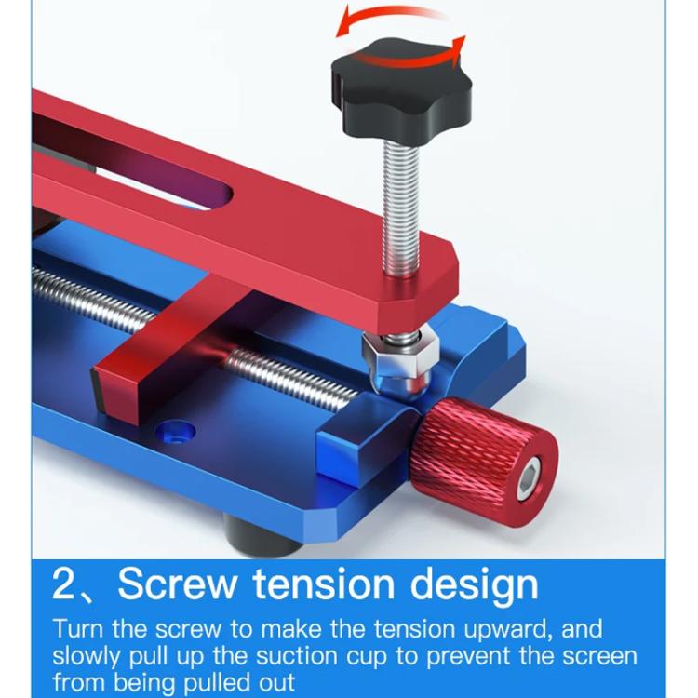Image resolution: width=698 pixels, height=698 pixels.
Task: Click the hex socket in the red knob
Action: click(x=530, y=481)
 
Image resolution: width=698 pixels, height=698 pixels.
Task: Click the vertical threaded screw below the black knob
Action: click(x=400, y=209)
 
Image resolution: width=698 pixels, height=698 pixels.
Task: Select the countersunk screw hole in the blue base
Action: click(x=175, y=432)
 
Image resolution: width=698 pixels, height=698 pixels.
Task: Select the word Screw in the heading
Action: click(x=176, y=584)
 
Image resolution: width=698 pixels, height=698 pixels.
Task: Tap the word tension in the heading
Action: click(x=323, y=584)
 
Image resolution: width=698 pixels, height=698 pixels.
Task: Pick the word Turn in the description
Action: click(x=78, y=629)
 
